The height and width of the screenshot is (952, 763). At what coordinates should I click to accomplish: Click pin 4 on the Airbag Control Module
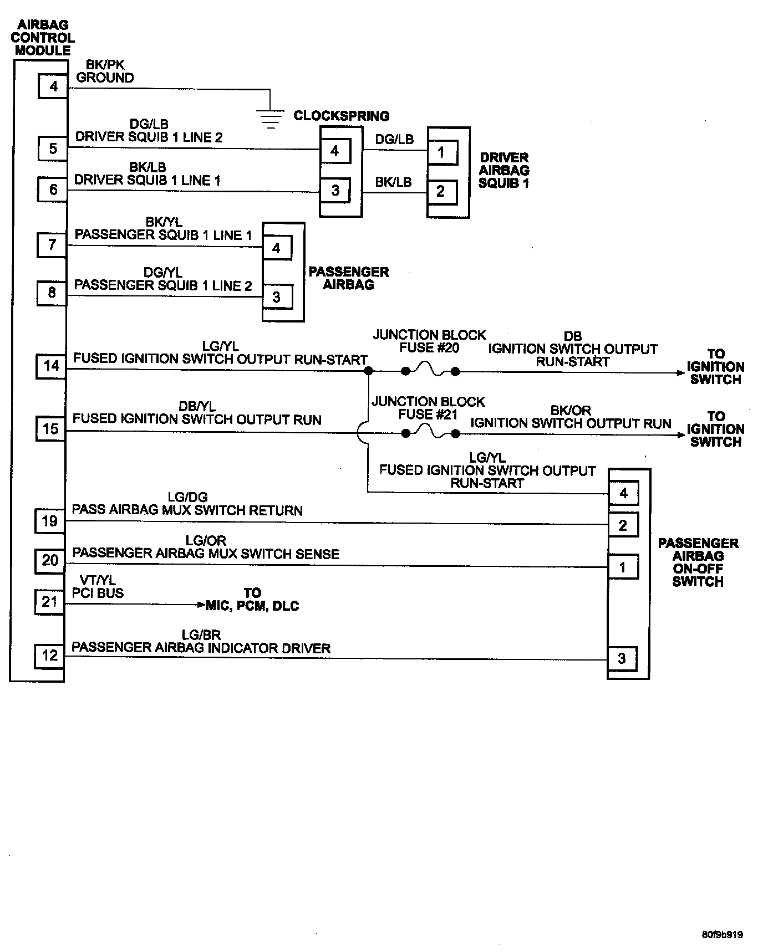pos(53,86)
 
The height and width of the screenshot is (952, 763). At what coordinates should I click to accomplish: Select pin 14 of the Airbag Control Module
pos(51,366)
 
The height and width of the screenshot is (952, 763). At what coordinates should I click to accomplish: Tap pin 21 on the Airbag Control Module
pos(50,601)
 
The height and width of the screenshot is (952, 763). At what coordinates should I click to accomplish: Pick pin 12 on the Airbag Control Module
pos(50,656)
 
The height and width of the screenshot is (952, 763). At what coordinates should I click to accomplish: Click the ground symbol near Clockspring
pos(270,117)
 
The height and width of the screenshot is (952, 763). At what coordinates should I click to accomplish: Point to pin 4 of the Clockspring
pos(335,151)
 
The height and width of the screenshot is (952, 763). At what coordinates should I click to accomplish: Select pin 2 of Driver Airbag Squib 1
pos(441,192)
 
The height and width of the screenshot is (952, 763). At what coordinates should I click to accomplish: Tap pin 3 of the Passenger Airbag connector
pos(277,298)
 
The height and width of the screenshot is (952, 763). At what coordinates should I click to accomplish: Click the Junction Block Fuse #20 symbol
pos(430,372)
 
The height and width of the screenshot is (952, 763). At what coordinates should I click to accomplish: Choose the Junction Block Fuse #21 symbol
pos(430,433)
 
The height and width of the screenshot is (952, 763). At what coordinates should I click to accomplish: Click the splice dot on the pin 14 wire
pos(368,371)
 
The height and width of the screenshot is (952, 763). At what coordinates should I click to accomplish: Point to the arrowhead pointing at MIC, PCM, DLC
pos(201,605)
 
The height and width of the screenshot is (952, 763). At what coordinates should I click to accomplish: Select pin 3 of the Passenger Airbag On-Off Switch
pos(622,658)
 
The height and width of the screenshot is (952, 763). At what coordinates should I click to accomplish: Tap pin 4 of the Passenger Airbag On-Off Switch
pos(623,493)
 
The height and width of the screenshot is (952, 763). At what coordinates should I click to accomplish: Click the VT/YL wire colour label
pos(98,580)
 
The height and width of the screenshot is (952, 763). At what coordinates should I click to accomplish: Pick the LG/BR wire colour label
pos(201,635)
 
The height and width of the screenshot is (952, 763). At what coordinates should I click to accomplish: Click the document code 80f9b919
pos(722,934)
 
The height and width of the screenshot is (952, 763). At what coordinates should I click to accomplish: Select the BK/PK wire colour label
pos(105,65)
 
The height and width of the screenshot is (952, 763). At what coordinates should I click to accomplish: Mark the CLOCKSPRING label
pos(341,116)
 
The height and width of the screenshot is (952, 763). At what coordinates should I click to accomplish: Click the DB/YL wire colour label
pos(197,407)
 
